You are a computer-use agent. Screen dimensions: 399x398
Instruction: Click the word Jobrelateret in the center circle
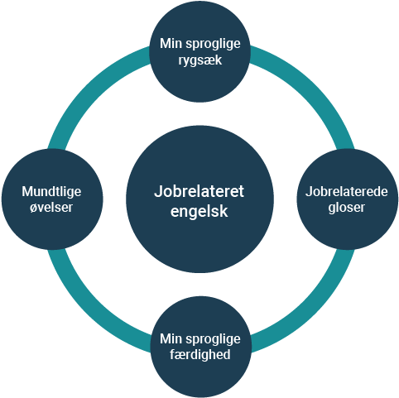click(x=199, y=191)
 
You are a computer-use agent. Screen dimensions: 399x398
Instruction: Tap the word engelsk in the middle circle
click(x=199, y=211)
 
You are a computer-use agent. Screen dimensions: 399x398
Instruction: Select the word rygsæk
click(x=200, y=60)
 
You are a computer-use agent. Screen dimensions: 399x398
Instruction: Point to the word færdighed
click(x=200, y=354)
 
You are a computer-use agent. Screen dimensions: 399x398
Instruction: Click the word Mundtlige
click(x=51, y=192)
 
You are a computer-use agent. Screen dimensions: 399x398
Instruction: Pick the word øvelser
click(x=51, y=207)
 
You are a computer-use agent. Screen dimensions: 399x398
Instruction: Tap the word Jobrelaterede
click(x=347, y=191)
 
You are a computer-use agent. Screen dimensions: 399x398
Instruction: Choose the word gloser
click(x=347, y=208)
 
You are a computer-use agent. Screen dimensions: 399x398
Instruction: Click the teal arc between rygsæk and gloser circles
click(x=305, y=87)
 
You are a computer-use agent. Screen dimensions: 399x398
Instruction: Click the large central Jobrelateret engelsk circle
click(x=199, y=199)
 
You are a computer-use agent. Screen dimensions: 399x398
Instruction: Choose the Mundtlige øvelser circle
click(x=52, y=199)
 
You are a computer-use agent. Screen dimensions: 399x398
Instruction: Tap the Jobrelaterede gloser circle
click(x=348, y=199)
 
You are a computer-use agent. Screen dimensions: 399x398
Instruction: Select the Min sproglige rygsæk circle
click(x=199, y=51)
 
